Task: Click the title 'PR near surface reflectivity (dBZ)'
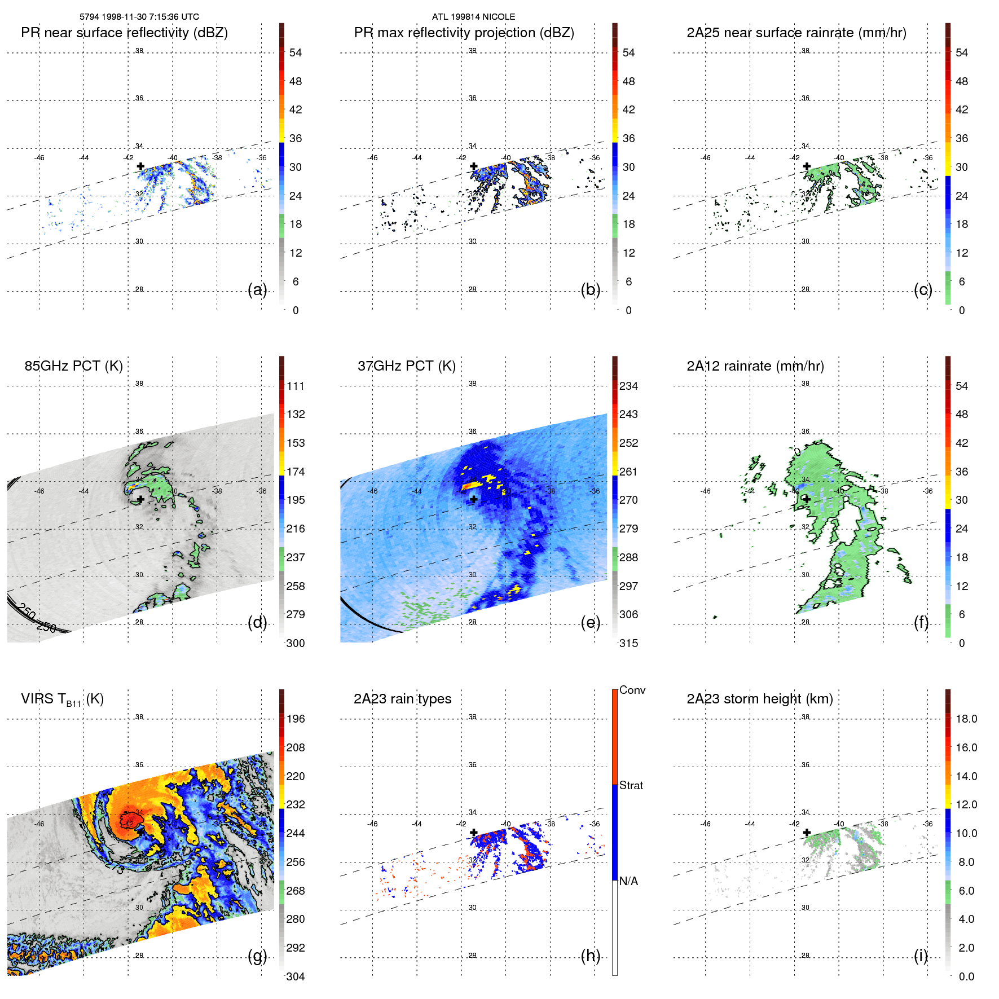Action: [124, 33]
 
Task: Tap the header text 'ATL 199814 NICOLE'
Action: [473, 17]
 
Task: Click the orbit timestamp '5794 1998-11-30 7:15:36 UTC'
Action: [139, 17]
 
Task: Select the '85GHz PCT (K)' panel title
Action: [73, 366]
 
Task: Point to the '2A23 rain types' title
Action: [402, 699]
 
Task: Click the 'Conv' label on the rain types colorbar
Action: [632, 690]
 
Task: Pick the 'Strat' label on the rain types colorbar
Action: [631, 785]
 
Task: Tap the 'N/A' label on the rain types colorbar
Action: [628, 881]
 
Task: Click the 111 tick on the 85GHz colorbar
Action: [295, 386]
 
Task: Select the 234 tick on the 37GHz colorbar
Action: [628, 386]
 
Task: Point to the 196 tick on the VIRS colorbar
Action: [295, 719]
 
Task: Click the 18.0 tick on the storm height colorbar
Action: [966, 719]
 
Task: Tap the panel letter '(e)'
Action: [590, 622]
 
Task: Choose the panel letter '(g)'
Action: [257, 956]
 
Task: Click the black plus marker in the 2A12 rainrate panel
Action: [807, 499]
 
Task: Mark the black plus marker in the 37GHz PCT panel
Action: [474, 499]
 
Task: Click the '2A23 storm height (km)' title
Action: [759, 699]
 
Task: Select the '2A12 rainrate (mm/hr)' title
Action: [755, 366]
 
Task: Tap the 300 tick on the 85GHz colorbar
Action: [295, 643]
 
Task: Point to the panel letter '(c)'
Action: [923, 289]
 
